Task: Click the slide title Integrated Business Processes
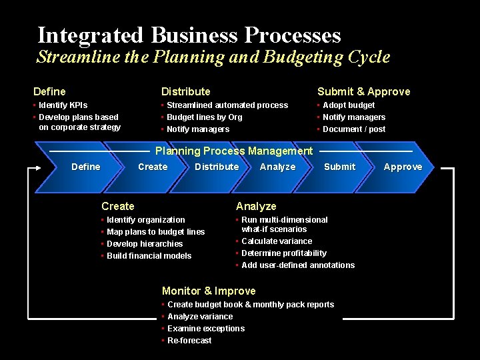tap(189, 35)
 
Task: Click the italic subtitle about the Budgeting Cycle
tap(213, 57)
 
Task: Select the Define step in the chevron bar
tap(86, 167)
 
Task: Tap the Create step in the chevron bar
tap(153, 167)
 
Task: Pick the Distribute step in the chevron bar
tap(217, 167)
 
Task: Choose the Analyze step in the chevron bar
tap(277, 167)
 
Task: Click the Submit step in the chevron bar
tap(339, 167)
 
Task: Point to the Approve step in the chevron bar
tap(403, 167)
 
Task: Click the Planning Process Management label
tap(233, 151)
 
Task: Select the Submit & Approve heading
tap(363, 91)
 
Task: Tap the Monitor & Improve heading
tap(209, 291)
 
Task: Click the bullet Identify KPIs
tap(63, 105)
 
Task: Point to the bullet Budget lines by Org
tap(204, 117)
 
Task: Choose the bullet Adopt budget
tap(348, 105)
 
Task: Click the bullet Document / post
tap(353, 129)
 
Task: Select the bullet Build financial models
tap(149, 256)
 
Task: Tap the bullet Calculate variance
tap(276, 241)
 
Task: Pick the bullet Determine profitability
tap(283, 253)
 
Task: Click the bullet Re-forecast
tap(189, 341)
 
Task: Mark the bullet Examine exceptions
tap(206, 329)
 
